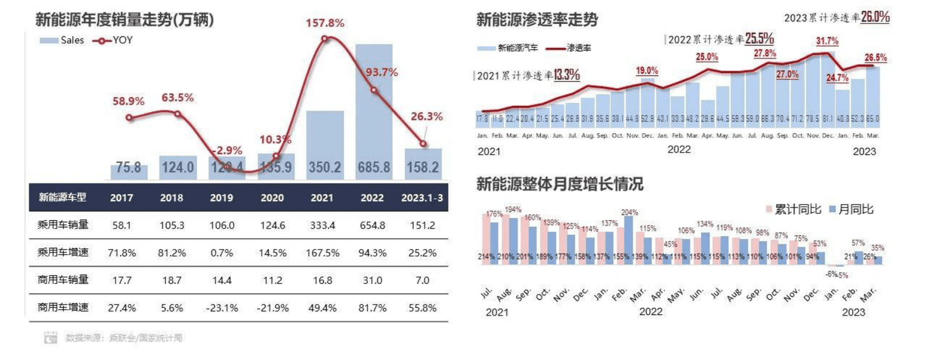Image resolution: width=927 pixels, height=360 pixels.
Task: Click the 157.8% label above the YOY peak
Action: tap(325, 23)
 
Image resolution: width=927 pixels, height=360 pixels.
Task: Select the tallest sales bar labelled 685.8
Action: tap(374, 111)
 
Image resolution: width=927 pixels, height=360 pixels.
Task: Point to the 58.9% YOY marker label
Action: tap(129, 101)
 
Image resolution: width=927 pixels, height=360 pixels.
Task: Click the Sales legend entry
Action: tap(62, 40)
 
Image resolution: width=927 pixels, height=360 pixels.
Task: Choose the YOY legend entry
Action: tap(113, 40)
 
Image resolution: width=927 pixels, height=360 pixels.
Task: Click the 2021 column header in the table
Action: tap(322, 198)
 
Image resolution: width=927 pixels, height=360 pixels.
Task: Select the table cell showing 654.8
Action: tap(372, 225)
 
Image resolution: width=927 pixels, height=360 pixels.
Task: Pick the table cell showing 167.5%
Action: tap(322, 252)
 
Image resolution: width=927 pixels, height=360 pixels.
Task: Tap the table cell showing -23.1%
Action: tap(222, 307)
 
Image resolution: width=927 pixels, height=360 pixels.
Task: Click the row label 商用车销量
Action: tap(63, 280)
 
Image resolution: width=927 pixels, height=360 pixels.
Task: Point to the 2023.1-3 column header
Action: tap(422, 198)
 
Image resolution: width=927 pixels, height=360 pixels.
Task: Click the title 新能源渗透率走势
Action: tap(537, 20)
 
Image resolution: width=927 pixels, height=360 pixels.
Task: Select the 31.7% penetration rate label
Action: tap(827, 41)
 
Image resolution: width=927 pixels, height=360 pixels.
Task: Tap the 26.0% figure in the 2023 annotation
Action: tap(875, 17)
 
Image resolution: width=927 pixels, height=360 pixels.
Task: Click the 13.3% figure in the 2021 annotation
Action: tap(567, 75)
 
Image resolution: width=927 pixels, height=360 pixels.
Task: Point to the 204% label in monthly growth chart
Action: tap(630, 212)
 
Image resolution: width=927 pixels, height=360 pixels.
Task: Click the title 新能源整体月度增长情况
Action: tap(560, 185)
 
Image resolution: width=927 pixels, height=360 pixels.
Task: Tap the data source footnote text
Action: tap(124, 338)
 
